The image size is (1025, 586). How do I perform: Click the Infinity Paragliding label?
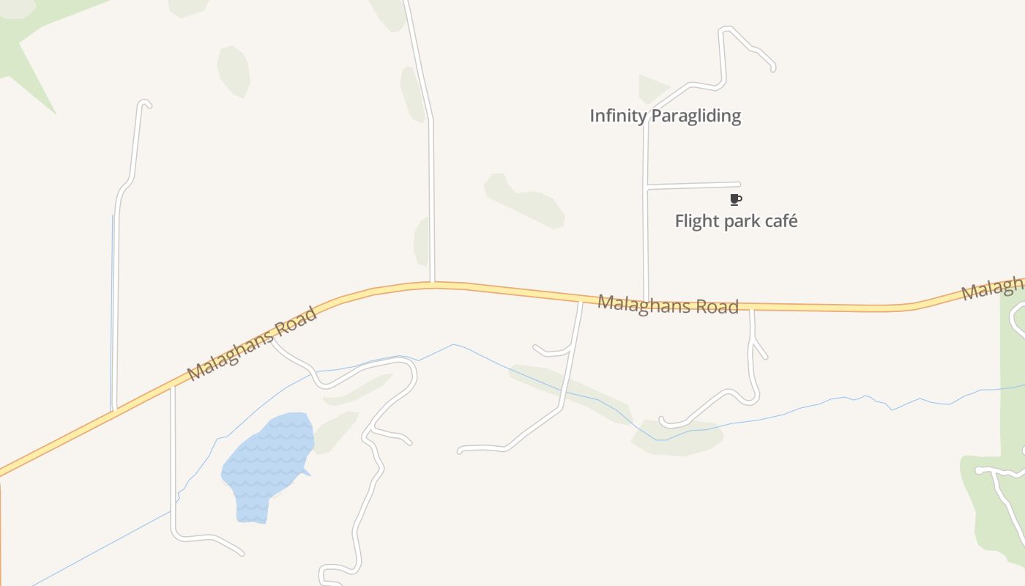665,116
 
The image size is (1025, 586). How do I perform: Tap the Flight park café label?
736,221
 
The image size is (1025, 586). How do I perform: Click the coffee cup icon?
736,199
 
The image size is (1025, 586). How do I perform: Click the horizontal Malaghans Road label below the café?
668,305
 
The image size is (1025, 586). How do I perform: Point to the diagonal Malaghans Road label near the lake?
252,344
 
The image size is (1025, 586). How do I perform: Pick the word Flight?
695,221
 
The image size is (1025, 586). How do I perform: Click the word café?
780,221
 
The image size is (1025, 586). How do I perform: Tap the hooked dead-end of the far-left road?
146,103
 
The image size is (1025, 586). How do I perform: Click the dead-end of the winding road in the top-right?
772,68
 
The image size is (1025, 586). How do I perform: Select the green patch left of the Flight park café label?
524,199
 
